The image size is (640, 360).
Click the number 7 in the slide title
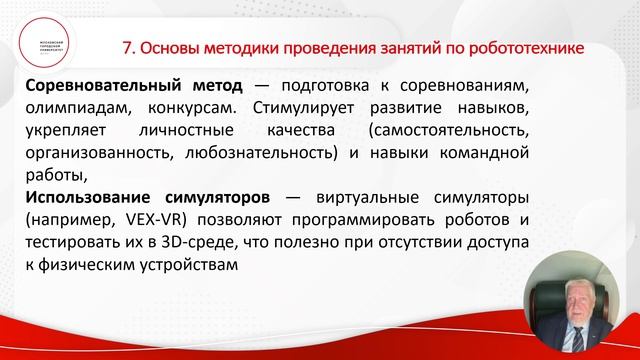(x=126, y=47)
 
